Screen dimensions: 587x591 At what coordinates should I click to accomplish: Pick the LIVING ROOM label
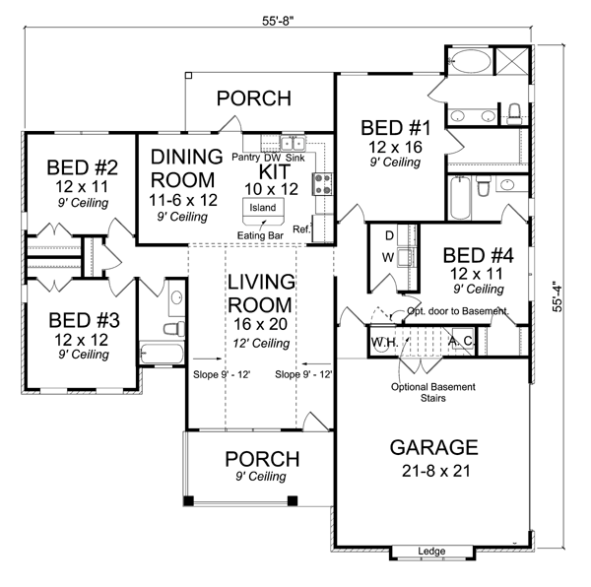260,293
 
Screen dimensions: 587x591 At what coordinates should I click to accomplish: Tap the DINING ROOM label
182,167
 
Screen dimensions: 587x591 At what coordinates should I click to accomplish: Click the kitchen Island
263,209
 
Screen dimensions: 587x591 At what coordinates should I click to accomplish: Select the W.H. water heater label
384,342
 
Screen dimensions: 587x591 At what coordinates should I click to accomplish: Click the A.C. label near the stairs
461,342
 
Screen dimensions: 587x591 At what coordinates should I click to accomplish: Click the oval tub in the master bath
464,63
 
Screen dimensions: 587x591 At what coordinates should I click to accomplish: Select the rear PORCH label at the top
253,98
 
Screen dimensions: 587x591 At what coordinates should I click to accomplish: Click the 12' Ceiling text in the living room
260,344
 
